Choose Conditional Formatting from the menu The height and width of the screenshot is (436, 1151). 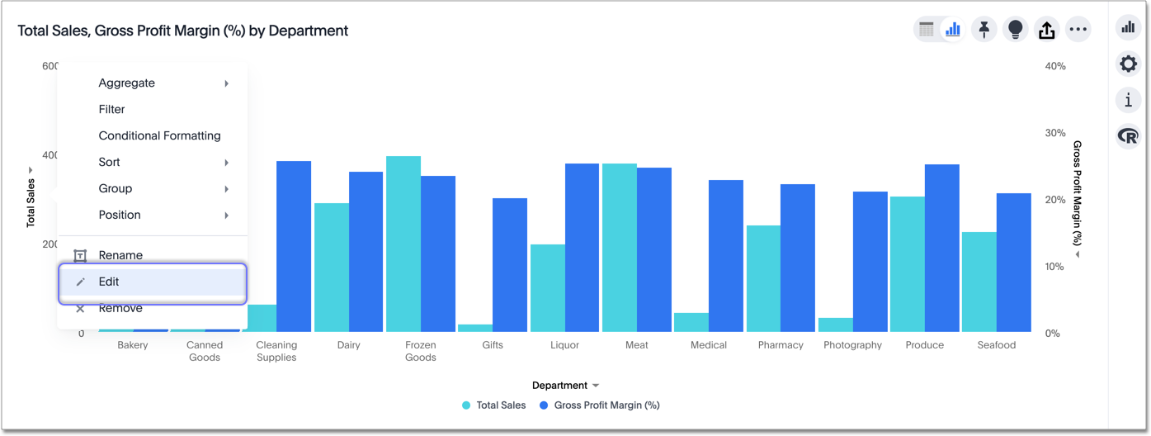pyautogui.click(x=159, y=135)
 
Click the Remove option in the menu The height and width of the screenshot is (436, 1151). pyautogui.click(x=120, y=308)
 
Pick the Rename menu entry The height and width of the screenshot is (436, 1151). pyautogui.click(x=120, y=255)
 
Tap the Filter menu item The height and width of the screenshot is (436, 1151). pyautogui.click(x=112, y=109)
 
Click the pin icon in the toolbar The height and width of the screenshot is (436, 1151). pyautogui.click(x=984, y=30)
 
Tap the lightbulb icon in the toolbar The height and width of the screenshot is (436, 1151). pyautogui.click(x=1015, y=30)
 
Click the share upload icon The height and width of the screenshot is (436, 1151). pyautogui.click(x=1046, y=30)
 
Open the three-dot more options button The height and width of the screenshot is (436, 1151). pyautogui.click(x=1078, y=30)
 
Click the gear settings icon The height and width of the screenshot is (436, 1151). pyautogui.click(x=1128, y=64)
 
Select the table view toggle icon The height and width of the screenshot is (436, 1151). pyautogui.click(x=927, y=30)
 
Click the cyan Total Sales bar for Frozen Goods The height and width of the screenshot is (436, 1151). pyautogui.click(x=403, y=244)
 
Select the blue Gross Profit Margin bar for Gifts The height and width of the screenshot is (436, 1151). pyautogui.click(x=510, y=264)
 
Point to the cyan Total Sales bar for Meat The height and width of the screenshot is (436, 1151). pyautogui.click(x=619, y=248)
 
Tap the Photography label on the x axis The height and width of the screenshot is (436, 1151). pyautogui.click(x=852, y=345)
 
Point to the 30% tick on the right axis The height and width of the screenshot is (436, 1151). pyautogui.click(x=1054, y=133)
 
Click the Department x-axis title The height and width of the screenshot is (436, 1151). pyautogui.click(x=560, y=386)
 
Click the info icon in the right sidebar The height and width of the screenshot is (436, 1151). pyautogui.click(x=1128, y=100)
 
